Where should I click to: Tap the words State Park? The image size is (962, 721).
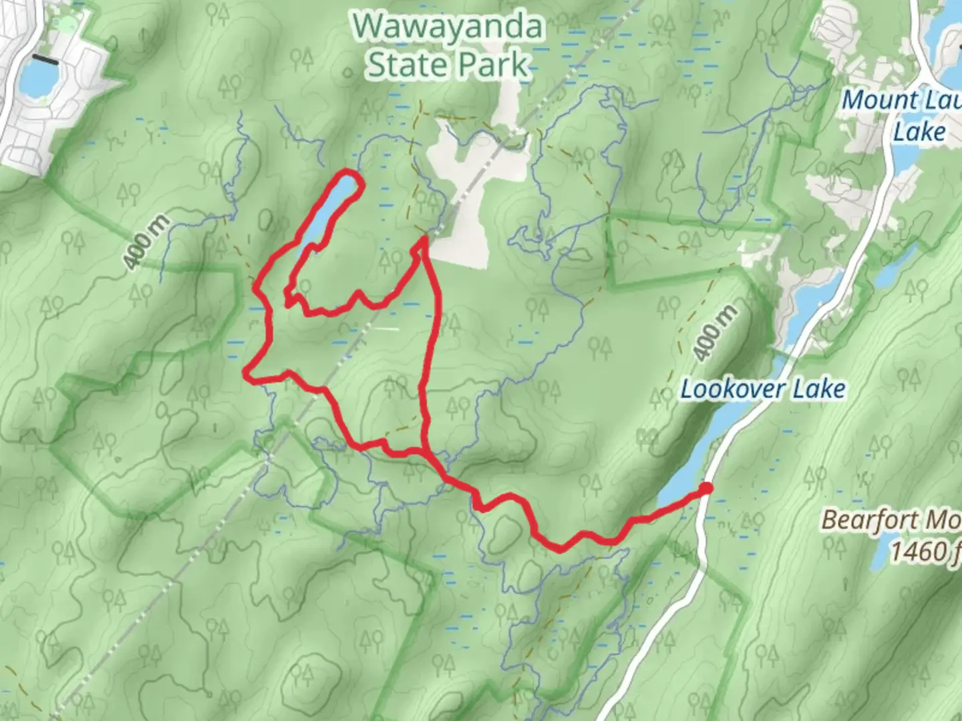(x=448, y=65)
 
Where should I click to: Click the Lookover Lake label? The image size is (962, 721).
(x=763, y=389)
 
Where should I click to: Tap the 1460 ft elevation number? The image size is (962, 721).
(x=925, y=551)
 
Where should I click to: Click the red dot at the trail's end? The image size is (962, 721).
(x=705, y=489)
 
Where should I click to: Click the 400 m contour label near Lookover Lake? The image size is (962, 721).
(x=715, y=333)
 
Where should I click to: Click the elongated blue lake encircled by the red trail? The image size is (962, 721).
(x=331, y=207)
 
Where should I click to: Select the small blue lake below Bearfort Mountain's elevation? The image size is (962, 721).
(x=880, y=557)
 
